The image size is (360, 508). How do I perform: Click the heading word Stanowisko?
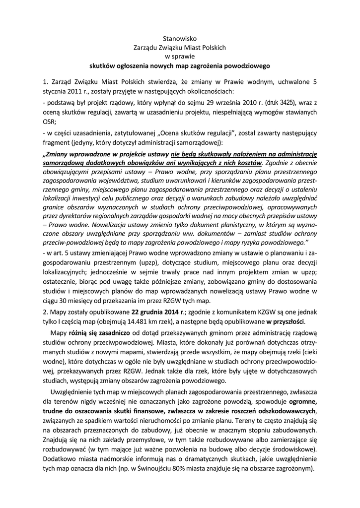[180, 38]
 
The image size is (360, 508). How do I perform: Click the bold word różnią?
[79, 334]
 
